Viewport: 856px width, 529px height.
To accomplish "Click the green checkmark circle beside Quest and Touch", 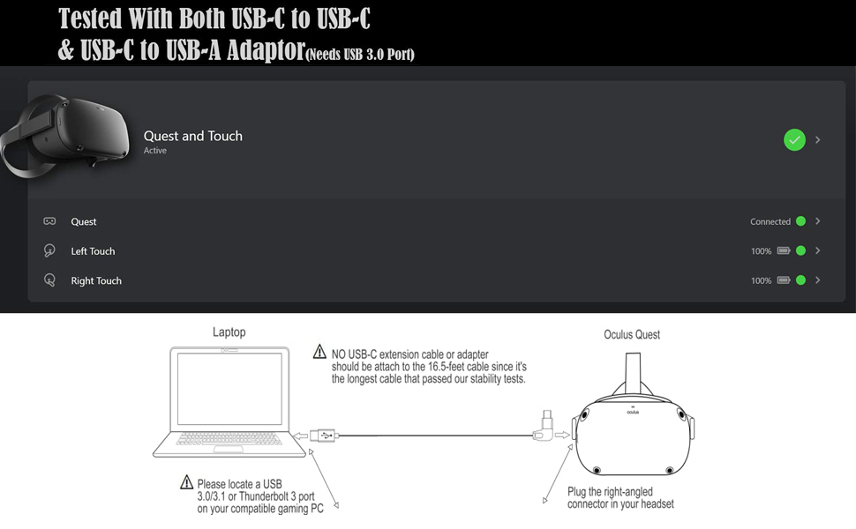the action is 794,139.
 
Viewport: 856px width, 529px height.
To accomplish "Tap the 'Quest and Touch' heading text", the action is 193,136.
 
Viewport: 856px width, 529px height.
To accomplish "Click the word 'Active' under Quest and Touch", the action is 155,151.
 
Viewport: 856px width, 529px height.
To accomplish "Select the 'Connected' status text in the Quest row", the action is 770,222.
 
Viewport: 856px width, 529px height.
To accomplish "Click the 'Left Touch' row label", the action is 93,251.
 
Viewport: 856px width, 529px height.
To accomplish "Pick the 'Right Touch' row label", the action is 96,281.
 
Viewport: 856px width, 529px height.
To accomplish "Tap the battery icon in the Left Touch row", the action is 783,251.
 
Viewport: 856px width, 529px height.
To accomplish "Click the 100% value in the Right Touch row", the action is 761,281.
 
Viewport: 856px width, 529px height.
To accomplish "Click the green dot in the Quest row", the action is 800,221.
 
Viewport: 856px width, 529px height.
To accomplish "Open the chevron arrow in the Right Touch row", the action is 818,280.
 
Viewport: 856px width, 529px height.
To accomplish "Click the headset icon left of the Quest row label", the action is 49,221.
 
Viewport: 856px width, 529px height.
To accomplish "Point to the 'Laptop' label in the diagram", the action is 229,332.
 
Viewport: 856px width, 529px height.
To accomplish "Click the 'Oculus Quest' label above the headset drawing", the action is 632,335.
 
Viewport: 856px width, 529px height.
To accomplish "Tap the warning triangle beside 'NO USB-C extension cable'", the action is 319,353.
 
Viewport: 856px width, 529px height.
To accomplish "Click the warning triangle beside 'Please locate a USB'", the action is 186,482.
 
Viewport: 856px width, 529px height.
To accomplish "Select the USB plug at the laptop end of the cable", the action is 323,435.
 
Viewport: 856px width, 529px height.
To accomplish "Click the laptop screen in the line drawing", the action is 229,390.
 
